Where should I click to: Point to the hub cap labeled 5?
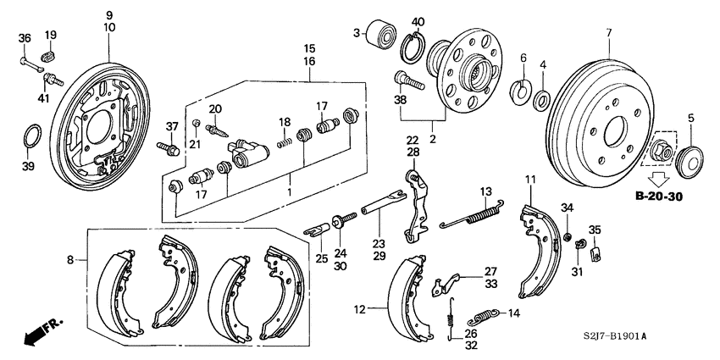[x=691, y=158]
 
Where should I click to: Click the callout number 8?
[x=69, y=260]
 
